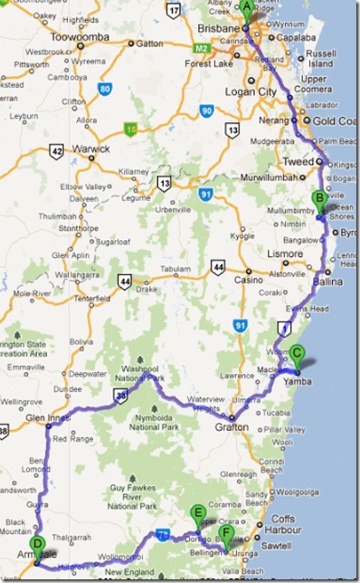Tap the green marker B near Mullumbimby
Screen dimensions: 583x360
click(x=318, y=200)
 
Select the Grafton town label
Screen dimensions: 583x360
click(x=231, y=426)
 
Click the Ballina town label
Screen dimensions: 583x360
click(x=327, y=282)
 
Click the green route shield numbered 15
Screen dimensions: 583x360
click(x=132, y=128)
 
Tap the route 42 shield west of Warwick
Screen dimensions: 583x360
click(x=57, y=151)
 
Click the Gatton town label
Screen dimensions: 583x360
click(x=150, y=43)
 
